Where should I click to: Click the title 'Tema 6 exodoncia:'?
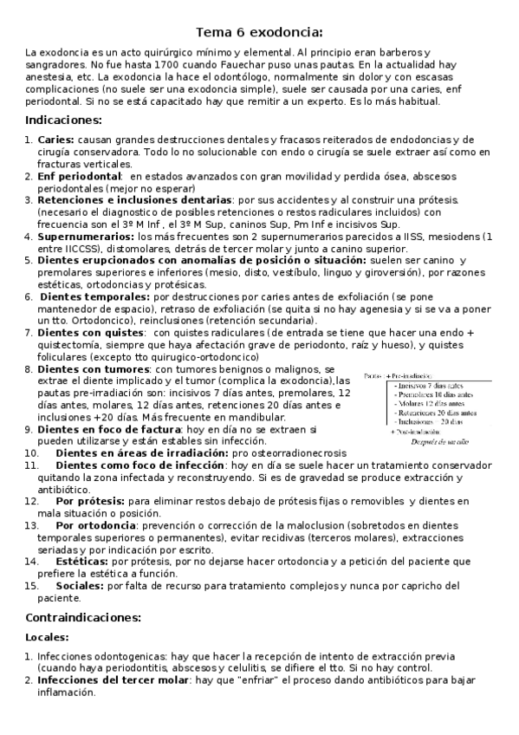259,33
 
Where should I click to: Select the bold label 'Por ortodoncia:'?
95,525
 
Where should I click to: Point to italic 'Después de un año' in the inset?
438,440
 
